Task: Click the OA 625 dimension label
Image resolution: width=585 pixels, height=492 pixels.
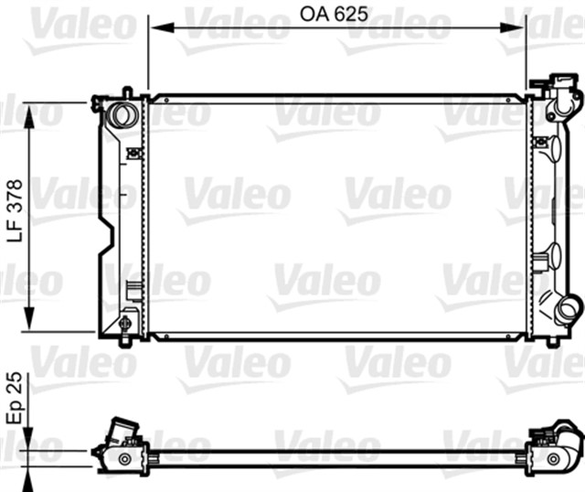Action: click(337, 14)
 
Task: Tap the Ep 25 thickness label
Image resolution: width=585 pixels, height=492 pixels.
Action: click(14, 398)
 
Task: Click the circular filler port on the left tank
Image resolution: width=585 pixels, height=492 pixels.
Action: click(122, 116)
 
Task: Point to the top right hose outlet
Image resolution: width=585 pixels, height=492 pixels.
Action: click(564, 98)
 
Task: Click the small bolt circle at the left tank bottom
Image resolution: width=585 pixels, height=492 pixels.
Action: click(125, 324)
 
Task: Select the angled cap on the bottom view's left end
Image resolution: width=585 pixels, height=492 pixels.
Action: click(122, 430)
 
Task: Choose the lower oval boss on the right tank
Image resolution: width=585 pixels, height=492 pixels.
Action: click(554, 257)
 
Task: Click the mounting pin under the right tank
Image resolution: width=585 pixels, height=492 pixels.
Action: click(552, 343)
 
